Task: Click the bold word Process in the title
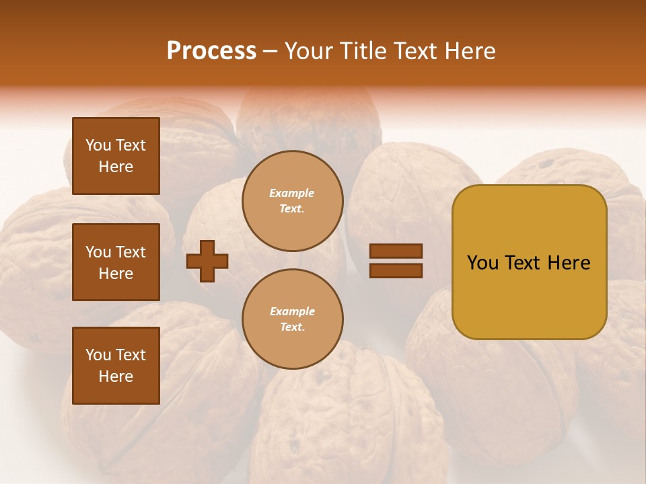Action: [x=211, y=51]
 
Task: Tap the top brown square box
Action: [x=116, y=156]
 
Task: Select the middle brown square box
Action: [x=116, y=262]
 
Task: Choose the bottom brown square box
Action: [x=116, y=366]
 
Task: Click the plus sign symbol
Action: [x=207, y=261]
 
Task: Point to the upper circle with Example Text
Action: [x=292, y=201]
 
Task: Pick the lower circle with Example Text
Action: [x=292, y=319]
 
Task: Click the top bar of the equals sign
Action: [x=396, y=251]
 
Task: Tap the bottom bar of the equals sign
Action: [x=396, y=271]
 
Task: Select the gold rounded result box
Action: [x=529, y=262]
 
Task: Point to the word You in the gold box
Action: [x=482, y=263]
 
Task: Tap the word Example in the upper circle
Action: [x=292, y=193]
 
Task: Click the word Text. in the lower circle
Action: [x=292, y=327]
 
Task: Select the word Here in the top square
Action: [x=116, y=167]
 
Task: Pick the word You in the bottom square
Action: [x=98, y=355]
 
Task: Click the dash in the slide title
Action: [x=270, y=51]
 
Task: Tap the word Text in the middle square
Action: [x=131, y=252]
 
